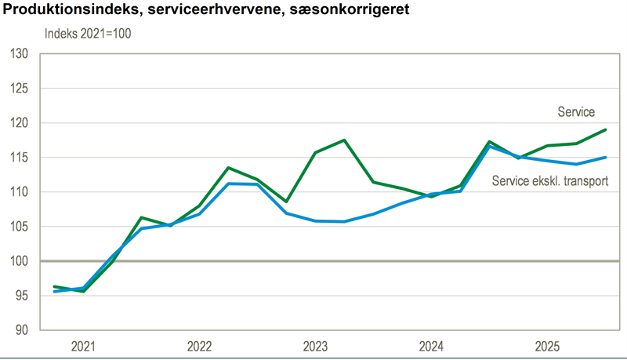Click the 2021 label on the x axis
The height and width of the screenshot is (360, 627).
(84, 346)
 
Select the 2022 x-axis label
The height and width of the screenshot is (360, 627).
(200, 346)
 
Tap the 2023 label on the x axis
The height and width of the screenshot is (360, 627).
(316, 346)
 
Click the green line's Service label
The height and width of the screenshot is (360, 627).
(576, 113)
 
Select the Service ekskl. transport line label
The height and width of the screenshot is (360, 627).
(550, 181)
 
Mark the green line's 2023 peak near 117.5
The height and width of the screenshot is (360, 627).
(344, 140)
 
